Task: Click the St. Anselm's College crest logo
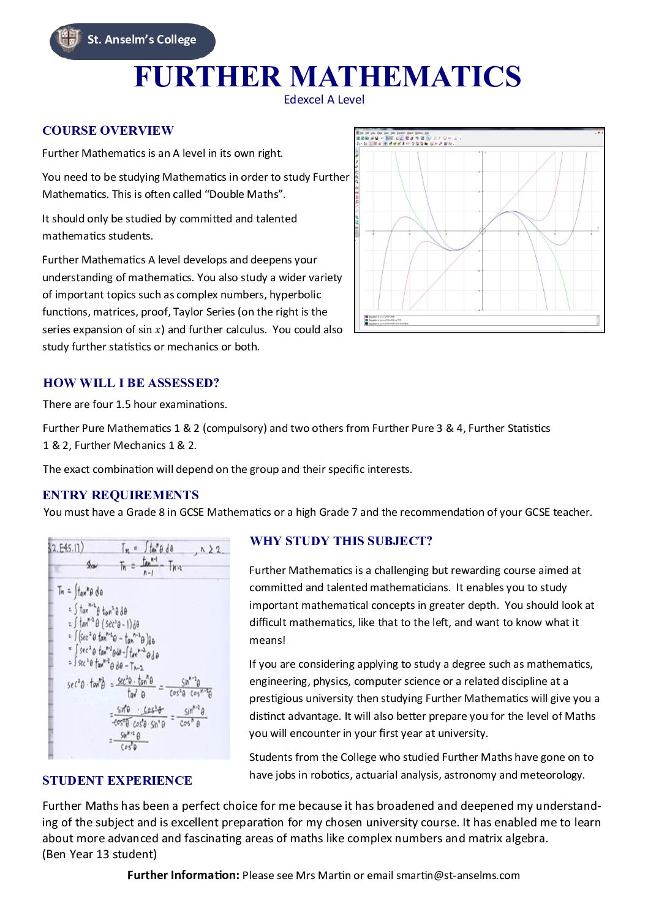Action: click(68, 39)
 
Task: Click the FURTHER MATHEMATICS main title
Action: click(327, 77)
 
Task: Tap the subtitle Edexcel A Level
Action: click(324, 100)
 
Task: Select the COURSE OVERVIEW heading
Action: click(108, 130)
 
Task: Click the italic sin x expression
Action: click(149, 330)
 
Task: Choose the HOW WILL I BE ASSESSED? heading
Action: click(131, 383)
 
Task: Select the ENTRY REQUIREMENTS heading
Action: click(121, 495)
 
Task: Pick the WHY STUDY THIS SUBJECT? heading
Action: click(341, 541)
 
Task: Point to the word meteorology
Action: click(554, 775)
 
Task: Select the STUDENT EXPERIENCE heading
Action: click(117, 780)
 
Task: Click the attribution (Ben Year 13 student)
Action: click(100, 854)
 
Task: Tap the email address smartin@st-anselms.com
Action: click(458, 875)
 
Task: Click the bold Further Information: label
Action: click(183, 875)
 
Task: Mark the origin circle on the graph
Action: click(482, 232)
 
